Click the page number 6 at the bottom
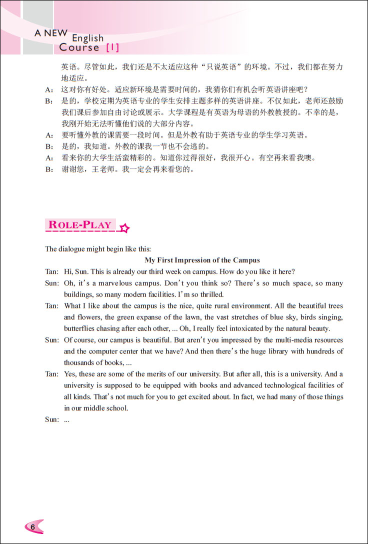pyautogui.click(x=31, y=527)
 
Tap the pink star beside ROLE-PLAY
pyautogui.click(x=124, y=228)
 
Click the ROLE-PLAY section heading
pyautogui.click(x=80, y=225)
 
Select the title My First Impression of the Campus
pyautogui.click(x=202, y=260)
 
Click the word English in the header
pyautogui.click(x=87, y=38)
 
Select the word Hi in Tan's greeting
pyautogui.click(x=68, y=271)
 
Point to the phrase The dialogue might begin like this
pyautogui.click(x=97, y=248)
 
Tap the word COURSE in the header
pyautogui.click(x=79, y=48)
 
